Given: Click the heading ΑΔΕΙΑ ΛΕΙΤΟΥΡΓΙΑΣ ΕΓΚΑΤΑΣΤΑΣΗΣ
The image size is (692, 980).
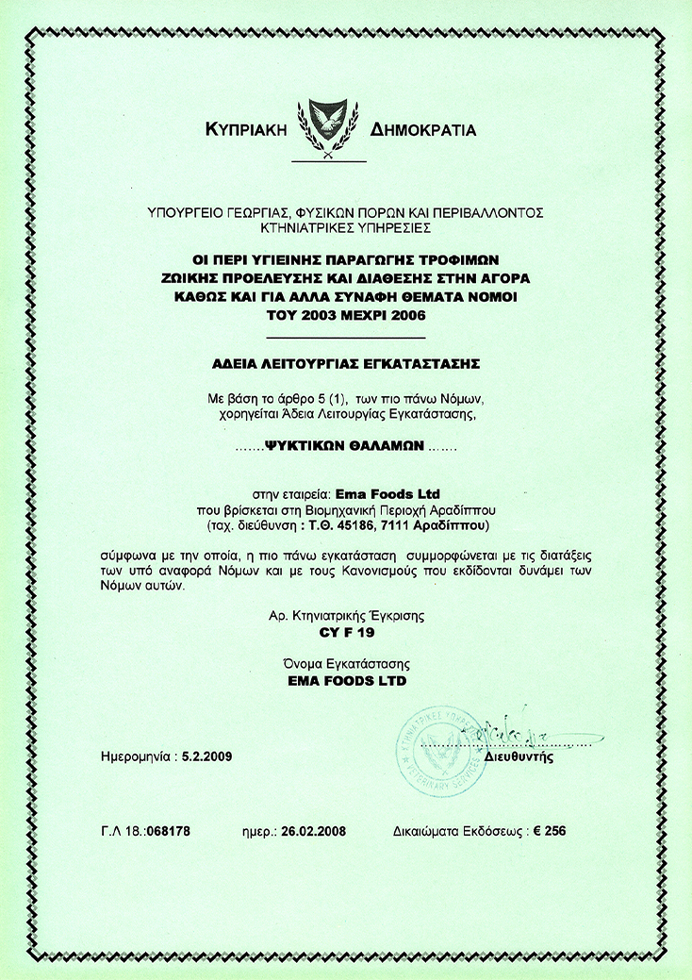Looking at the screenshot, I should (345, 361).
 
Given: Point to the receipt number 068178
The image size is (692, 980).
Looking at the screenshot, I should (170, 832).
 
